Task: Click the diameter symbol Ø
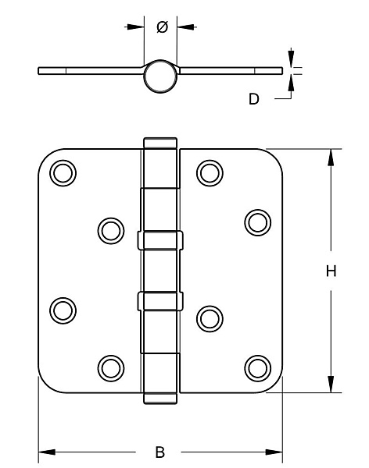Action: [x=162, y=27]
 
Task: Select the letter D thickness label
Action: [x=254, y=99]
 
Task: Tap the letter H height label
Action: [x=331, y=271]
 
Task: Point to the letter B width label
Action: [x=160, y=452]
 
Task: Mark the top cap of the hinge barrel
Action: [x=160, y=143]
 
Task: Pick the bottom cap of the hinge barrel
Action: [x=160, y=399]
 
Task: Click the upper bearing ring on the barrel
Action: [x=160, y=240]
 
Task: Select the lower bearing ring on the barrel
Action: [x=160, y=301]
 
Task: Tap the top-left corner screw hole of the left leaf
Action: [x=63, y=173]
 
